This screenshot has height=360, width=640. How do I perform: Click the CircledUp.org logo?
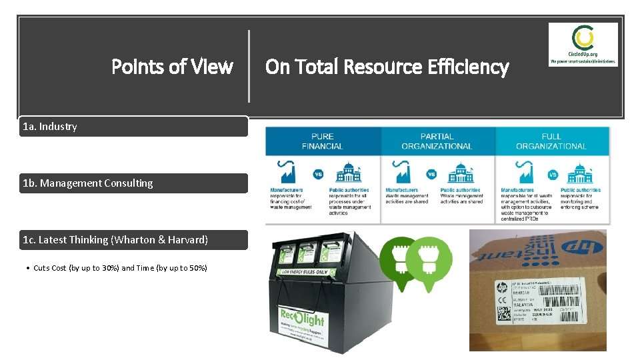(x=583, y=44)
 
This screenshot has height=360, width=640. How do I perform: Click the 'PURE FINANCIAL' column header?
(x=323, y=141)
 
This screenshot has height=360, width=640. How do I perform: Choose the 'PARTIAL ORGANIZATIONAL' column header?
(x=437, y=141)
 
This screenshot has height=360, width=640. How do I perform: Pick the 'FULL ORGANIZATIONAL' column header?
(x=551, y=141)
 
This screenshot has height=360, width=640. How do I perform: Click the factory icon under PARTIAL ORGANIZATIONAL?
(x=403, y=174)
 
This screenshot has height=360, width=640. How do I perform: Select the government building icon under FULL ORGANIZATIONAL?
(x=580, y=174)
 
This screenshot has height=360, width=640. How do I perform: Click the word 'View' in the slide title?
(x=211, y=67)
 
